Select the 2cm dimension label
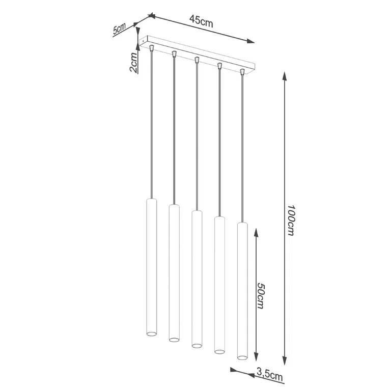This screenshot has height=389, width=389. [133, 62]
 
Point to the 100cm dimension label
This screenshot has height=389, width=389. [290, 220]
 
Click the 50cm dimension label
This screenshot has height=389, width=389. [260, 295]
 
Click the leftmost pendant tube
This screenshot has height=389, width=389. [152, 268]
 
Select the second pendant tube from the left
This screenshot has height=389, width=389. [174, 273]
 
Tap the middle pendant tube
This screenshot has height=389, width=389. [197, 279]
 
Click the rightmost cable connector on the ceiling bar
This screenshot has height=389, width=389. [242, 72]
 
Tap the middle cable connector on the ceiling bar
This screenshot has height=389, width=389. [197, 61]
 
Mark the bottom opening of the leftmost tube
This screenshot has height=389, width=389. [152, 334]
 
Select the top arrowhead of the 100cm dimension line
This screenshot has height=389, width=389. [285, 76]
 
